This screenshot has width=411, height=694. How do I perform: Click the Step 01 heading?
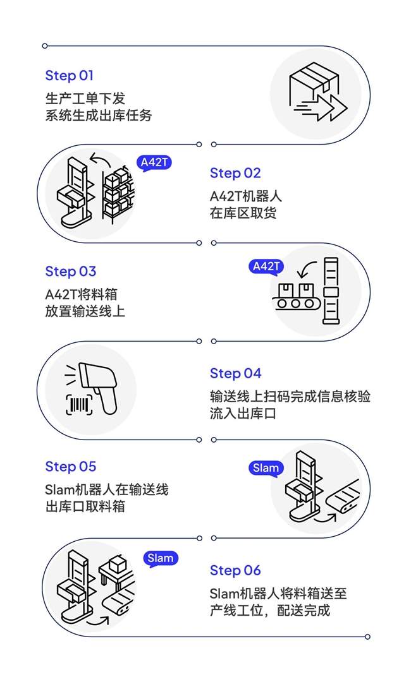pos(70,76)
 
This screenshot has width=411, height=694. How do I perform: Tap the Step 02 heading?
pos(235,173)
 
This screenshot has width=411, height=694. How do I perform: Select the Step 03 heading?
pos(71,272)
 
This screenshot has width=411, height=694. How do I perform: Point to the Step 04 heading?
pos(235,373)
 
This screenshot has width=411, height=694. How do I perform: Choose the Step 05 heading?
pos(71,467)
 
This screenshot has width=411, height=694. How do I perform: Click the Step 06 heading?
pos(235,570)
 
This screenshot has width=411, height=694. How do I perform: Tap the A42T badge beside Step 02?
pos(155,163)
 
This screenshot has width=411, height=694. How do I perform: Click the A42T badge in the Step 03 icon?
pos(266,266)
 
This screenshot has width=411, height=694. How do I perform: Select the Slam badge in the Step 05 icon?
pos(266,468)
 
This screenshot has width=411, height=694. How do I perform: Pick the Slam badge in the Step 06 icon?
pos(161,558)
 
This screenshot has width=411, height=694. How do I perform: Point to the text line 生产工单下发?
pos(85,99)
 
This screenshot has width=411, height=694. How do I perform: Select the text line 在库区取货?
pos(243,213)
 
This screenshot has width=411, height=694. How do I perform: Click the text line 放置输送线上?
pos(85,311)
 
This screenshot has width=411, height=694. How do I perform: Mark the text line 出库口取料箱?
pos(85,506)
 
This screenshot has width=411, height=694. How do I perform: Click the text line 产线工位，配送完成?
pos(270,610)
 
